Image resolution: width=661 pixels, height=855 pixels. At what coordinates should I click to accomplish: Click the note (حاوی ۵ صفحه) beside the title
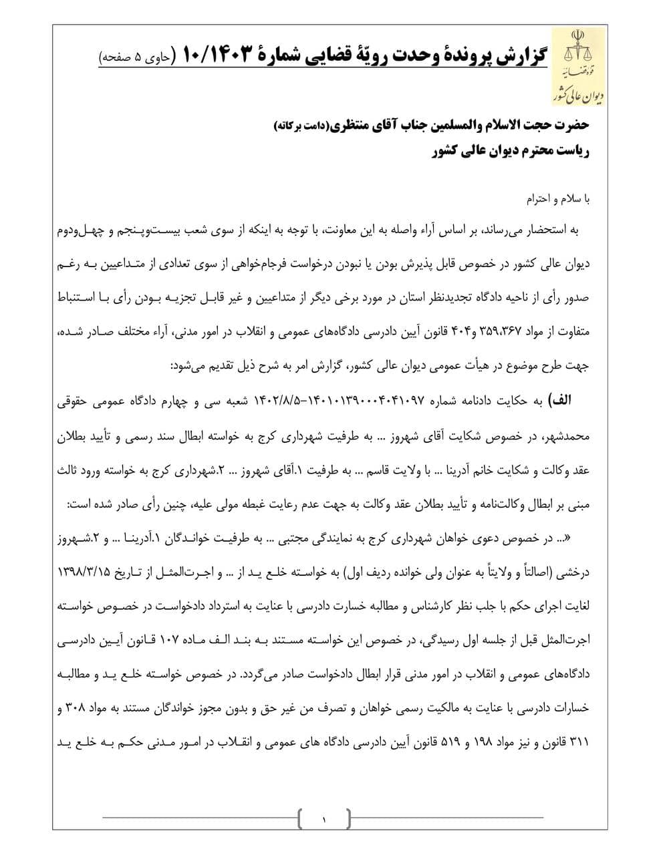(136, 57)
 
